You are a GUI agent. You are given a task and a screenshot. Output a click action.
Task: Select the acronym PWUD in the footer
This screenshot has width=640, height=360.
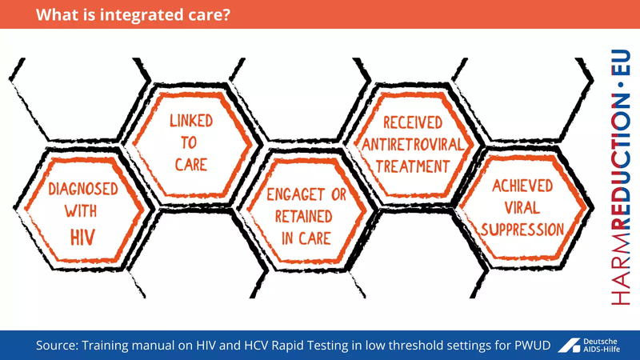point(529,345)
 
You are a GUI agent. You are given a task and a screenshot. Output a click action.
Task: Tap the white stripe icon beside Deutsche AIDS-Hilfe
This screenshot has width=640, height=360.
point(570,345)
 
